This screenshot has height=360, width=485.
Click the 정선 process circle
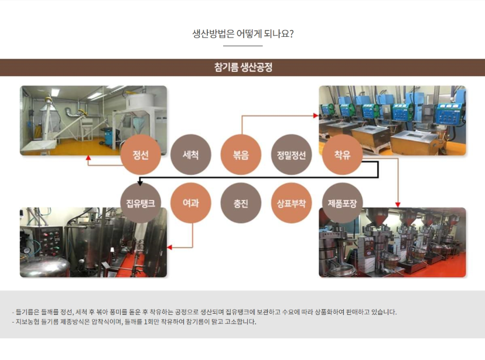(141, 155)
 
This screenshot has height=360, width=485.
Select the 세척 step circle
(190, 155)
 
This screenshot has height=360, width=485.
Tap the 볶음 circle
(241, 155)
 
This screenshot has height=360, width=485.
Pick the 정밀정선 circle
(291, 155)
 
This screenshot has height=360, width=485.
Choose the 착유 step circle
(342, 155)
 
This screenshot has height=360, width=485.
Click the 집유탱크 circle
(141, 203)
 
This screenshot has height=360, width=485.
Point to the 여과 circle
(190, 203)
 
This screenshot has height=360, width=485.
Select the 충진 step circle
(241, 203)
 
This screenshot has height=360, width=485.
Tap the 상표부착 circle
(291, 203)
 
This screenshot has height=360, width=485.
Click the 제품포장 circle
(342, 203)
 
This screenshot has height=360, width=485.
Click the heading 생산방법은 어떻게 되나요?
(243, 33)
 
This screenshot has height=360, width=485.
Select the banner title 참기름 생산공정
(243, 67)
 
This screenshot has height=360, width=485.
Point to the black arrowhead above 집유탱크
(140, 183)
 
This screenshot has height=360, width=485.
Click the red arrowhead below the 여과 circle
(169, 247)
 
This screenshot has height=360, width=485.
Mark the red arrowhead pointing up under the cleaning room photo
(88, 157)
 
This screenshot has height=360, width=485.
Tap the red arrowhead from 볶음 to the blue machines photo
(316, 115)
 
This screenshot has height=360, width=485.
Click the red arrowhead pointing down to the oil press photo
(398, 204)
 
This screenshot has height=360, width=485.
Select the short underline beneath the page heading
(243, 46)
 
